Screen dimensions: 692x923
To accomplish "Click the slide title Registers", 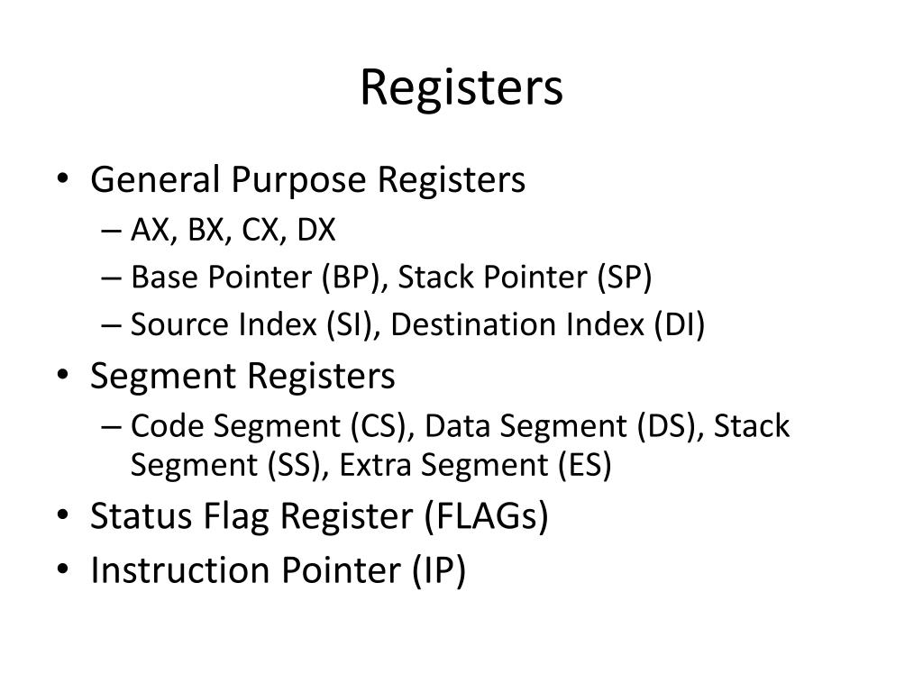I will click(x=461, y=88).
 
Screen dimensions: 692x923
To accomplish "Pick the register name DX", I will click(x=316, y=232).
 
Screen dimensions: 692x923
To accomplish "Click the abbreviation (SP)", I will click(x=623, y=278).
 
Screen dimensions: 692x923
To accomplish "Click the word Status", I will click(x=136, y=517).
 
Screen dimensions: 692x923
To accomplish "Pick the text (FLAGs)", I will click(x=485, y=517).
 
